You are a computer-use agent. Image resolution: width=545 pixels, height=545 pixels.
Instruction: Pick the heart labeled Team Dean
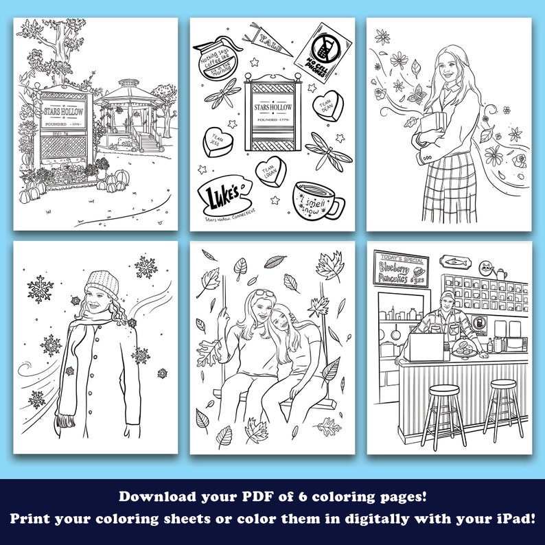coord(325,106)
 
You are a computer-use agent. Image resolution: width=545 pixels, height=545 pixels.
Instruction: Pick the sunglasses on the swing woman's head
coord(265,294)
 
